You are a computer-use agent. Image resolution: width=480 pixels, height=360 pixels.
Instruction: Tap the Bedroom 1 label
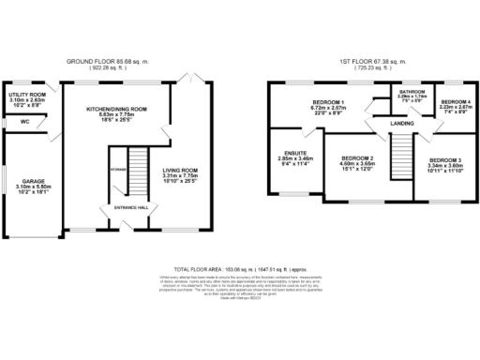(330, 101)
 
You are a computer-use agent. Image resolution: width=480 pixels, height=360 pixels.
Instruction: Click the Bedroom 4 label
(455, 101)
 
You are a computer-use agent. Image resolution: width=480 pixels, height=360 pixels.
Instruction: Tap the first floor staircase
(400, 156)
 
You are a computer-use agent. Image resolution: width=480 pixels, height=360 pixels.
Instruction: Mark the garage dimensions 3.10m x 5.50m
(34, 187)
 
